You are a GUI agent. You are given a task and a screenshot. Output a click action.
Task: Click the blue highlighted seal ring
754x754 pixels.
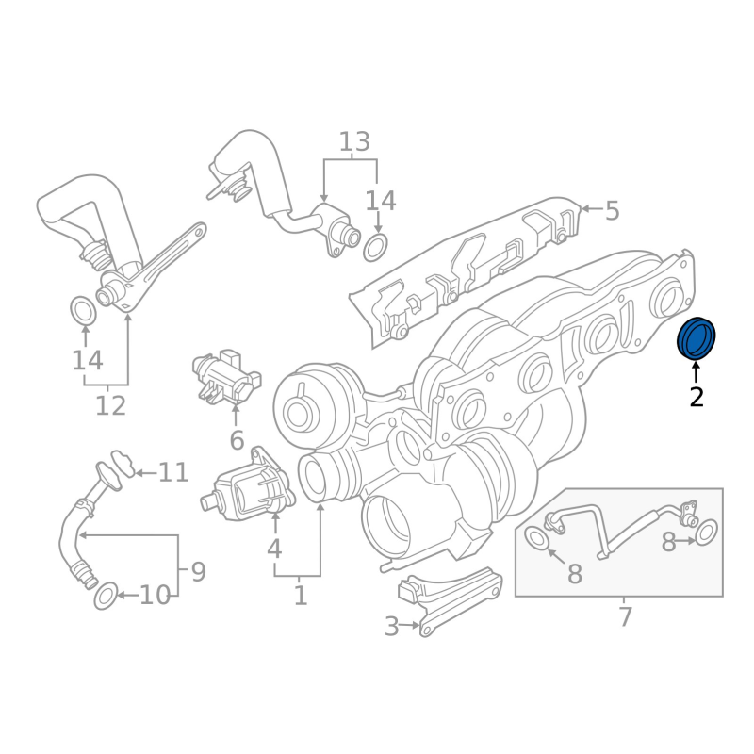tap(697, 339)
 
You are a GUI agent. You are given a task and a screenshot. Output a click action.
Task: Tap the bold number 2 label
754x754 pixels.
tap(697, 397)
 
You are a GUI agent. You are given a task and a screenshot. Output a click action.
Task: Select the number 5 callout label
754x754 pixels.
tap(612, 210)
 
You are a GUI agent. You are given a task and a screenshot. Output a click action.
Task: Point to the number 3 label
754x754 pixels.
tap(391, 626)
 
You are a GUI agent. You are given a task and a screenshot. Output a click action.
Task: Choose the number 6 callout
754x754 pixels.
tap(237, 439)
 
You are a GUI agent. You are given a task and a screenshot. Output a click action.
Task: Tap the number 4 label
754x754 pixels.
tap(274, 548)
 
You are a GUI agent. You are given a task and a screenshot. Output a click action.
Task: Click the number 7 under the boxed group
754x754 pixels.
tap(625, 617)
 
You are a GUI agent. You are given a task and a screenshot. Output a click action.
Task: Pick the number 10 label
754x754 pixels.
tap(156, 596)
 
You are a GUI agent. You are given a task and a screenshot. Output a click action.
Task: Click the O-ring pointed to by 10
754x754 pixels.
tap(107, 596)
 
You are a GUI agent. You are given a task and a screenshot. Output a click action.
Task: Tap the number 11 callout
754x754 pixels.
tap(173, 471)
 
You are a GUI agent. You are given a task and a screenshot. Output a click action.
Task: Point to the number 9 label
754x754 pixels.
tap(198, 571)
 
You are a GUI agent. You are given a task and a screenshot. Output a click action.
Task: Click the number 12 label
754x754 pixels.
tap(110, 406)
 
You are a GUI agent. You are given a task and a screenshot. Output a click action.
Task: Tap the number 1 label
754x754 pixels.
tap(301, 596)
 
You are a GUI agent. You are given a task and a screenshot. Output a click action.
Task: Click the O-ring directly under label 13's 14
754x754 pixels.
tap(376, 248)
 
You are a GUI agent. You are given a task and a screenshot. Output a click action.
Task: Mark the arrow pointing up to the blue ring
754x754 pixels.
tap(697, 371)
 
